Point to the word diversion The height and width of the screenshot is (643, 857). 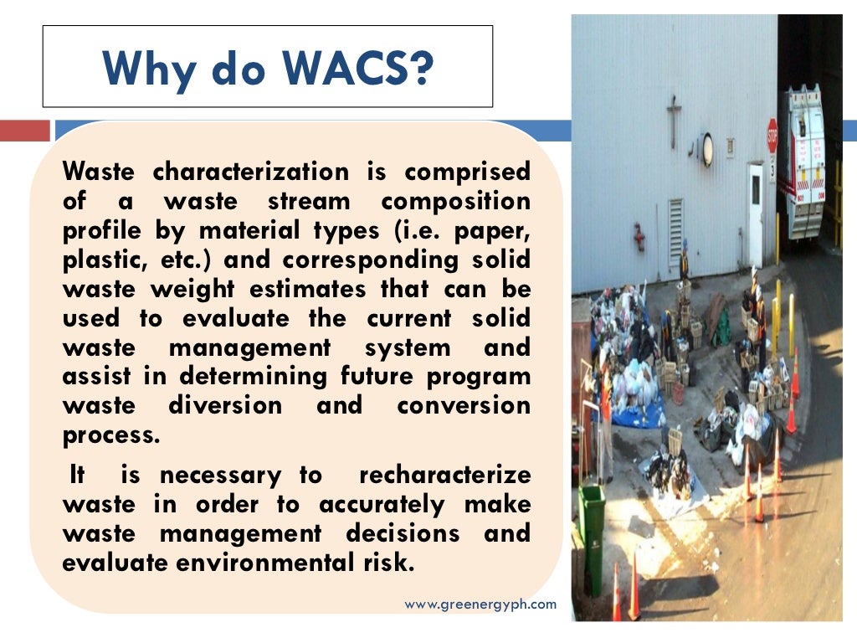225,406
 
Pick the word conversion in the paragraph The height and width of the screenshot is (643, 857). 464,406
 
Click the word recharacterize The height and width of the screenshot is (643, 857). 444,476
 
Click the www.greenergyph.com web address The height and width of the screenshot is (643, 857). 480,604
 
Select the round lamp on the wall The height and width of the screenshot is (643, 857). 708,149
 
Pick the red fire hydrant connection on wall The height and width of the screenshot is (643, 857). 639,237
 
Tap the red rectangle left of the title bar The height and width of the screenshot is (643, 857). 25,131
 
